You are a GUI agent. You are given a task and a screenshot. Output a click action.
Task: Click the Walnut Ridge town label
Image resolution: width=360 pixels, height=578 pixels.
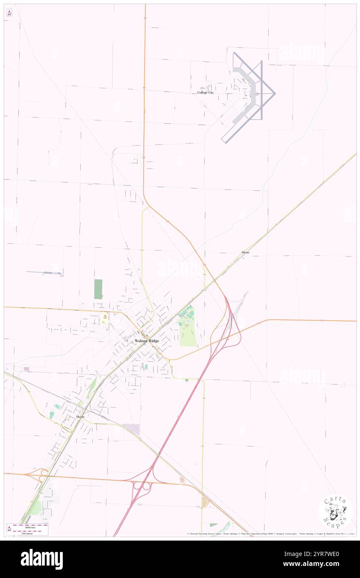(x=147, y=341)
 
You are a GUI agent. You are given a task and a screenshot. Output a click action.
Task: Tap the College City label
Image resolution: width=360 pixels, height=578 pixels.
(x=205, y=93)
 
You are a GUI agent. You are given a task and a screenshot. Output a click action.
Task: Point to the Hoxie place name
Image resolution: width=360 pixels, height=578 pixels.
(x=80, y=416)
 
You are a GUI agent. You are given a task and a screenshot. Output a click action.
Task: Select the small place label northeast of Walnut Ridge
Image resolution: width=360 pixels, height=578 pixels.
(x=245, y=252)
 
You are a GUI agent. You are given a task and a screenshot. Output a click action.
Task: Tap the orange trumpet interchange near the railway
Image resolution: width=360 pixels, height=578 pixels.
(x=42, y=474)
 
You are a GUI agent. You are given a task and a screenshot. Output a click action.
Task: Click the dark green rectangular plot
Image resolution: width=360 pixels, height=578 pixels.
(x=98, y=289)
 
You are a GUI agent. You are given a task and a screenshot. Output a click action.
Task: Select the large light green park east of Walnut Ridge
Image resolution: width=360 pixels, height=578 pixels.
(x=187, y=333)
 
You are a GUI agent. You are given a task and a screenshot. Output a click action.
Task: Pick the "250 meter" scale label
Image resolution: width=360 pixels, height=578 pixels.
(x=27, y=533)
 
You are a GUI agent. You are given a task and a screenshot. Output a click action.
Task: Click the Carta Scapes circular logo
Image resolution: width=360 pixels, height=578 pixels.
(x=335, y=511)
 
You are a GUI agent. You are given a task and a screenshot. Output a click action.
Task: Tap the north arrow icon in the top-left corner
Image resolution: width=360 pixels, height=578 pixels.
(x=10, y=13)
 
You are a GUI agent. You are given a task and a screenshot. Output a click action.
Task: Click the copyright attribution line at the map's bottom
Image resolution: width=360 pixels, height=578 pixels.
(x=270, y=534)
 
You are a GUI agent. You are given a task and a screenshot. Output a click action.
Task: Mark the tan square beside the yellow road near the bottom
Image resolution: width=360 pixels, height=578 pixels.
(x=205, y=502)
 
